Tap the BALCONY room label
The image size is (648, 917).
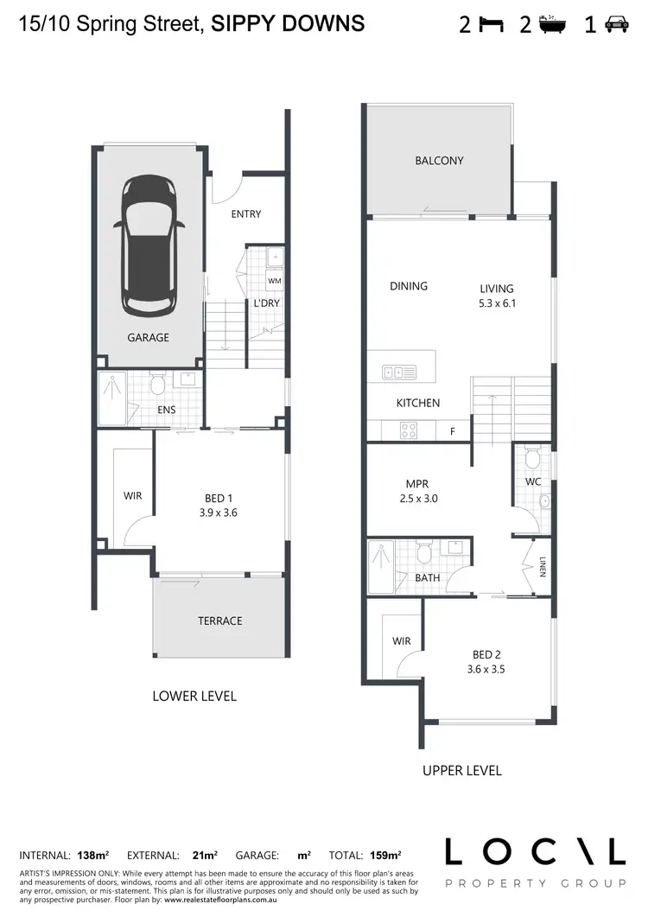click(x=439, y=161)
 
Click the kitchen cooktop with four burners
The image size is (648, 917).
click(x=408, y=429)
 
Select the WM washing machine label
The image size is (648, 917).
click(x=274, y=281)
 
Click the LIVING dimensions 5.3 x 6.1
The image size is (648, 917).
click(x=497, y=303)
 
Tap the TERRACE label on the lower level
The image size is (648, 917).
click(x=219, y=621)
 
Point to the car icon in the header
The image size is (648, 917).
click(x=616, y=25)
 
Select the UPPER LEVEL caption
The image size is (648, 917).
click(x=461, y=770)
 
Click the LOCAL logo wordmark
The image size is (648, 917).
click(x=534, y=852)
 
